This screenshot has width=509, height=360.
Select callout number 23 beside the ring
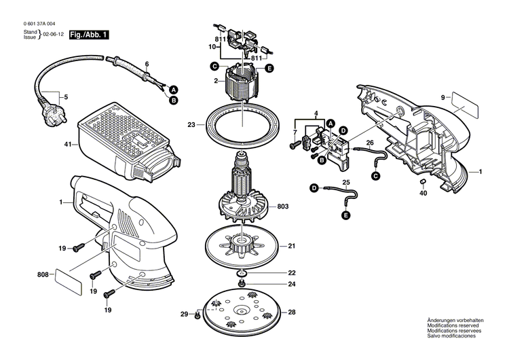[191, 124]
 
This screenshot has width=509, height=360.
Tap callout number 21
[291, 245]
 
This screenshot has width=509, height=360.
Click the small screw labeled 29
[197, 315]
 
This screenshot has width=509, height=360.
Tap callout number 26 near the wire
[370, 143]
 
